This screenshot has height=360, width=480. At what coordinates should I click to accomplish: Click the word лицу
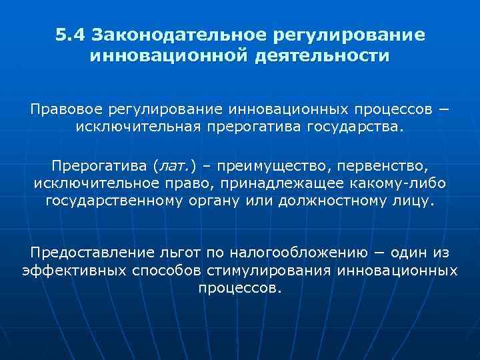pos(411,200)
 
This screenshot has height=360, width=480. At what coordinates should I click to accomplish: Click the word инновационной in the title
pos(169,55)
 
